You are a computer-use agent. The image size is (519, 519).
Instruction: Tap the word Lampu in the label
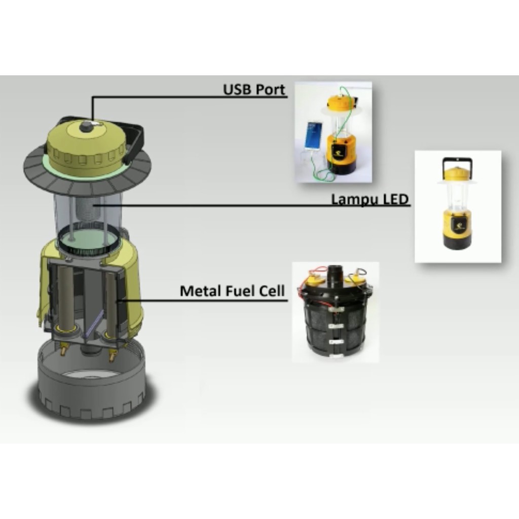[x=355, y=200]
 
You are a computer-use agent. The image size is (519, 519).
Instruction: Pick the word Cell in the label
[x=272, y=291]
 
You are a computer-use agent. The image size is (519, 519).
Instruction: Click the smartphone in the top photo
[x=313, y=137]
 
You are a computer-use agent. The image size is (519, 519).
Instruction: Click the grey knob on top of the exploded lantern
[x=87, y=126]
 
